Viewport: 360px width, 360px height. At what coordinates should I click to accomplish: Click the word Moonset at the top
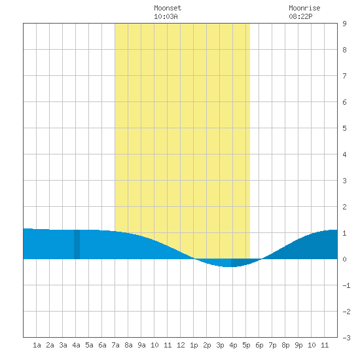point(168,8)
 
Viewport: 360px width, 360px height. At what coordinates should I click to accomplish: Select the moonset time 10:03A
point(166,16)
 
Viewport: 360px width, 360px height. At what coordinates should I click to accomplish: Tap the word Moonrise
point(304,8)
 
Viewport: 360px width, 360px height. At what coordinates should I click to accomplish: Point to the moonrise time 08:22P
point(300,16)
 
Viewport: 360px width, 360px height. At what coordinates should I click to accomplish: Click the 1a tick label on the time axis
point(37,345)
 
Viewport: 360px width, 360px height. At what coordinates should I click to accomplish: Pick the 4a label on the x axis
point(76,345)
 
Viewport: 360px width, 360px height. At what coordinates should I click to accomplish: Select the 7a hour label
point(115,345)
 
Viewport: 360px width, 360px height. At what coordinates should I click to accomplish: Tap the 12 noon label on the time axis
point(181,345)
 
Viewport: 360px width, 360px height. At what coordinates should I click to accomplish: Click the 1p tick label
point(194,345)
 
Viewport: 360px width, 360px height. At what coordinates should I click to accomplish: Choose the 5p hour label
point(246,345)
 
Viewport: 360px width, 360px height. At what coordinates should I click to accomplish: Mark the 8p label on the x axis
point(285,345)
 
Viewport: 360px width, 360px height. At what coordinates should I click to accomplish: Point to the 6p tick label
point(259,345)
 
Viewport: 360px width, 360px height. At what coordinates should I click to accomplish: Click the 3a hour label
point(63,345)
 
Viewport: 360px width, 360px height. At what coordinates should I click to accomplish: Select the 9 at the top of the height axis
point(344,24)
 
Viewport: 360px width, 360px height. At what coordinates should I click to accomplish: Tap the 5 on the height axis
point(344,128)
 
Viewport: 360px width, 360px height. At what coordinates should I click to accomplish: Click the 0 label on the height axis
point(344,259)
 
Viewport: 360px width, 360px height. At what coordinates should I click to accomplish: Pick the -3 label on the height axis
point(346,338)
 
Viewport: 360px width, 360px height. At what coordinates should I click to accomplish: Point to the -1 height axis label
point(346,285)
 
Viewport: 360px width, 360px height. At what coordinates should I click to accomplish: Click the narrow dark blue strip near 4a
point(77,244)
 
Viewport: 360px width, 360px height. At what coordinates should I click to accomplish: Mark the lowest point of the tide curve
point(227,267)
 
